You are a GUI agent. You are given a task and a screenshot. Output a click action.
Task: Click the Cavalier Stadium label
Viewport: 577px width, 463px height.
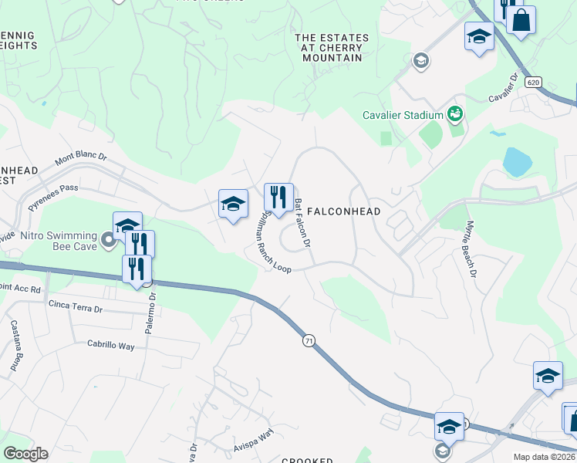point(403,116)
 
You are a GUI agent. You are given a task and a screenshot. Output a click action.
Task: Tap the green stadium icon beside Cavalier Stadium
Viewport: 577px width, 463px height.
point(455,115)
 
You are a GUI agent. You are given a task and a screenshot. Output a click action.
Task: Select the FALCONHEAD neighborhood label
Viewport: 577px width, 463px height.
point(343,211)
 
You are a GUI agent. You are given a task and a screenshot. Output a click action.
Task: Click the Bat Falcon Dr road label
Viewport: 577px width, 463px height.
point(302,222)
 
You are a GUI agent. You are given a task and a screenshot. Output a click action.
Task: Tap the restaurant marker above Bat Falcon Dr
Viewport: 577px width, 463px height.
point(278,198)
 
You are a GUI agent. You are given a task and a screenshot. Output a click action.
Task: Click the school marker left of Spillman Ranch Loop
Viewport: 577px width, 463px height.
point(233,204)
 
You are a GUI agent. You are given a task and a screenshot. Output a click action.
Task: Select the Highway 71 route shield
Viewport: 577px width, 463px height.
point(309,340)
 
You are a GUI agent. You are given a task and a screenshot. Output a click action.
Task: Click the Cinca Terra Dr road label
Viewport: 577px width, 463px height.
point(75,308)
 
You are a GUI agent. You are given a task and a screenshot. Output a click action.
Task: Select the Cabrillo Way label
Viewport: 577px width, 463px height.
point(110,346)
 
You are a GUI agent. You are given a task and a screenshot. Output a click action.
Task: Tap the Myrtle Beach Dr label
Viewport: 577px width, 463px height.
point(470,249)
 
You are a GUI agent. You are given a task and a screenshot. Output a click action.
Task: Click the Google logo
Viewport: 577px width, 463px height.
point(25,454)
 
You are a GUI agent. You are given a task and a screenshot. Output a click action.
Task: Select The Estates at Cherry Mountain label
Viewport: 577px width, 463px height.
point(332,48)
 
